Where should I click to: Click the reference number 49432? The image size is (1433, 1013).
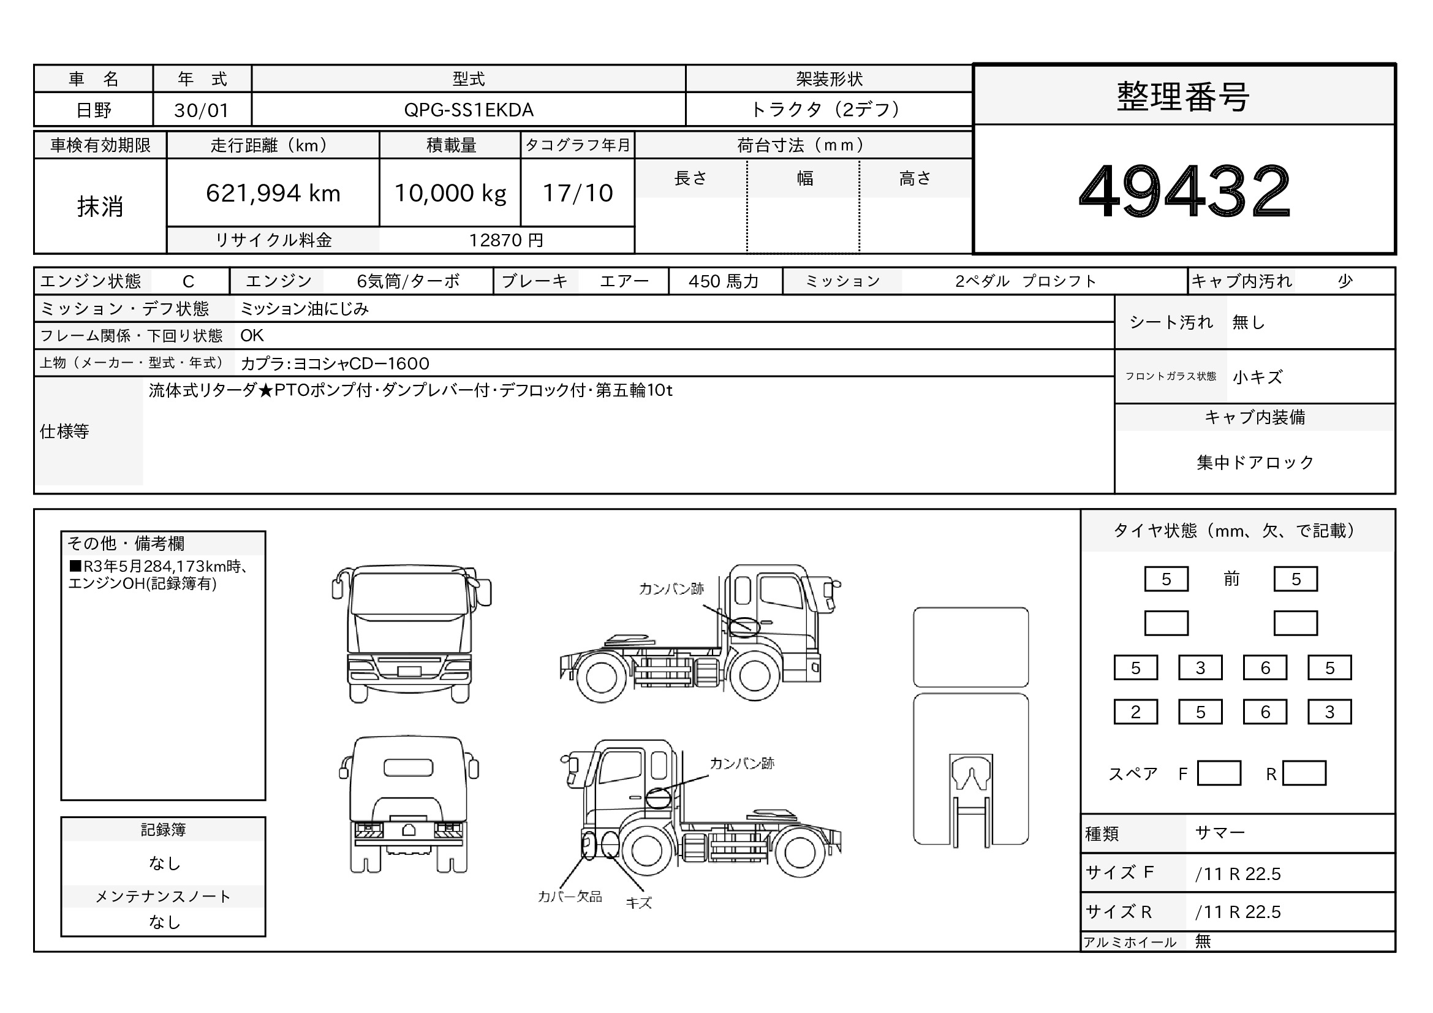pos(1184,191)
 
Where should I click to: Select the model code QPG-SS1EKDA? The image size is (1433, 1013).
pos(469,110)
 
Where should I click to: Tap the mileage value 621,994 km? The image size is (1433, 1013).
pos(273,194)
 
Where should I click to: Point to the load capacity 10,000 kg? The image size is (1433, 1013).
pos(450,194)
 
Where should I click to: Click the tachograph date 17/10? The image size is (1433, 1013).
pos(578,194)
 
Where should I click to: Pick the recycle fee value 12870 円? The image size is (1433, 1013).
pos(506,240)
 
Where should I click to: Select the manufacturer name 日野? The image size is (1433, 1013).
pos(94,110)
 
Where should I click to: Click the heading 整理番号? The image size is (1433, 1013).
pos(1184,97)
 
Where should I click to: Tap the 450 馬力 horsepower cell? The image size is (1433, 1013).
pos(724,281)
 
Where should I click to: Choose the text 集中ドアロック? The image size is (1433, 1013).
pos(1255,463)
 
